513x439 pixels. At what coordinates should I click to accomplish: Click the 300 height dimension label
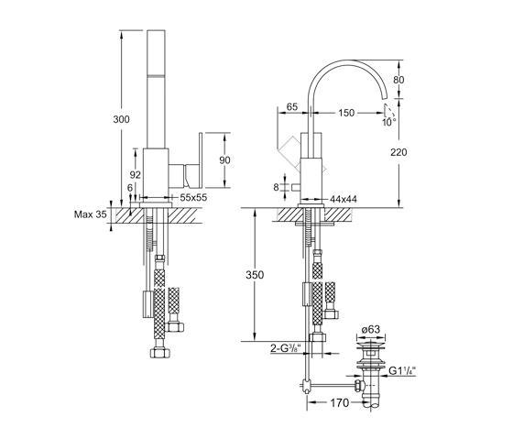pos(121,119)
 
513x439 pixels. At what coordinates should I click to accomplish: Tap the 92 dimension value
pos(136,175)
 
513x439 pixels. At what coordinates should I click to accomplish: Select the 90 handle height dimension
pos(224,160)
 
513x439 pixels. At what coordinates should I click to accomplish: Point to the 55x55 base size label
pos(193,197)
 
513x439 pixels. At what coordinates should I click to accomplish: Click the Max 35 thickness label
pos(91,214)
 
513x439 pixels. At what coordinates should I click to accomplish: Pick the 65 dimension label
pos(292,106)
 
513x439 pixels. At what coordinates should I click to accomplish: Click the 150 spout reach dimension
pos(346,113)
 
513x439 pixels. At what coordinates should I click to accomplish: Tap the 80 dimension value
pos(398,80)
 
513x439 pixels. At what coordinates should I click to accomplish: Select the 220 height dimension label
pos(398,152)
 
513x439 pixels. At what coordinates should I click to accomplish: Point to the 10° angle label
pos(389,122)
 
